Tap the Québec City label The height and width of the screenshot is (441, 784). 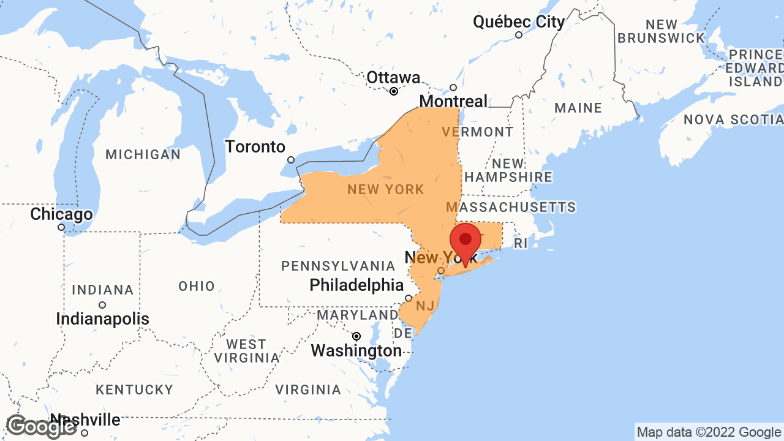[x=519, y=22]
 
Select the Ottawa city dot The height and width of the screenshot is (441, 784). [x=394, y=91]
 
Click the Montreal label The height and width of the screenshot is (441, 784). [x=453, y=101]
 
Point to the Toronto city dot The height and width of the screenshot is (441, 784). [x=291, y=160]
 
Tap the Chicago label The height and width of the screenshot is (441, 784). [x=61, y=214]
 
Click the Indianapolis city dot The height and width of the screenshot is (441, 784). [x=102, y=305]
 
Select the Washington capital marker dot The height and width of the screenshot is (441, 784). [x=356, y=336]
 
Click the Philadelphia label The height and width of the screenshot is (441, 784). [x=356, y=285]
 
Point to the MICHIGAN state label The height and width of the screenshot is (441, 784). [x=143, y=154]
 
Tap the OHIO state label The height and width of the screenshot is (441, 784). [x=197, y=286]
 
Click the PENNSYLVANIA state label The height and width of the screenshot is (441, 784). [x=338, y=266]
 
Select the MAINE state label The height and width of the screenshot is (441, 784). [x=578, y=108]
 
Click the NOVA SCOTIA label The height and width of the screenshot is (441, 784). [x=733, y=119]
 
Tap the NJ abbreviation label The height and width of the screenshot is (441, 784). [x=425, y=305]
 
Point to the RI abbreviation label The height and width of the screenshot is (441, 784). [x=520, y=244]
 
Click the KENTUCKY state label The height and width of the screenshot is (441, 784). [x=135, y=390]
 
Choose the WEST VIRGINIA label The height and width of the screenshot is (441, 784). [x=246, y=351]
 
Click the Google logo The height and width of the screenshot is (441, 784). [x=41, y=426]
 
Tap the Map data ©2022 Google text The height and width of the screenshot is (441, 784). [x=709, y=432]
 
